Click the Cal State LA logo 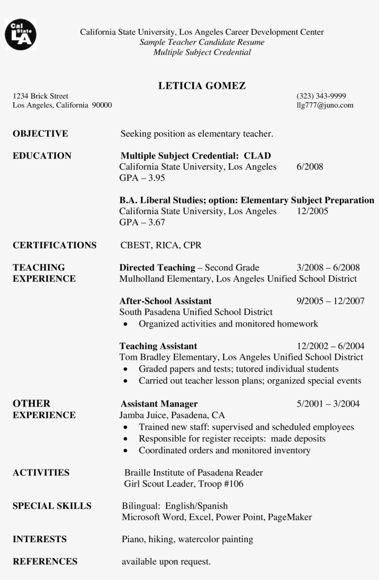(20, 35)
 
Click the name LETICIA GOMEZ (202, 86)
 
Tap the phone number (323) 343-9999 (321, 96)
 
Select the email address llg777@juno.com (324, 105)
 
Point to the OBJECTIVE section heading (40, 134)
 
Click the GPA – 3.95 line (142, 178)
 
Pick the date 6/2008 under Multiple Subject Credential (310, 167)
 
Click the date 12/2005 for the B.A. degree (312, 211)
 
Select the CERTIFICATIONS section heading (55, 245)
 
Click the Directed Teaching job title (157, 267)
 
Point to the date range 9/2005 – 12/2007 (330, 301)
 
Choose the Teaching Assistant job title (158, 346)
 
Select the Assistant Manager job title (159, 404)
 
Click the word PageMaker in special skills (290, 517)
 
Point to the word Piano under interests (133, 539)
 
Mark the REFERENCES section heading (45, 561)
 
